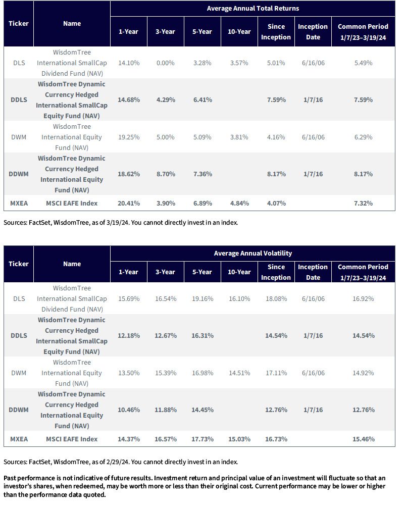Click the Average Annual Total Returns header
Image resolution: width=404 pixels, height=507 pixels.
[x=252, y=9]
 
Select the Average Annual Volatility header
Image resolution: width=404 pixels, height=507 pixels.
[x=252, y=253]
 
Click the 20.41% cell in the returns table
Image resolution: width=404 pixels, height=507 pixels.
[x=129, y=204]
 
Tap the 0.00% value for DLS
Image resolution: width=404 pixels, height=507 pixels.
[x=165, y=63]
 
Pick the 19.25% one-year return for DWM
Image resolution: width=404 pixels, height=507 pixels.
[x=129, y=137]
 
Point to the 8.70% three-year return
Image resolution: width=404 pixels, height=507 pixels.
[x=166, y=174]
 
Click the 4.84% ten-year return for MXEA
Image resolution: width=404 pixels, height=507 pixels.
[x=239, y=204]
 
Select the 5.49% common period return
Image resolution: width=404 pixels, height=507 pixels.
[x=363, y=63]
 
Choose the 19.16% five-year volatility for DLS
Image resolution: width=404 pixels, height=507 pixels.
[x=203, y=299]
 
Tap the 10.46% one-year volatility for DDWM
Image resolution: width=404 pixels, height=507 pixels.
[x=129, y=410]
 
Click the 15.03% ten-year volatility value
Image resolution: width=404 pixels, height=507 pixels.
[x=239, y=439]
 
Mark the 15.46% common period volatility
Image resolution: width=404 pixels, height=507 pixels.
[x=363, y=439]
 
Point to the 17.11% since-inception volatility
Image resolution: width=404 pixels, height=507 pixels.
[x=276, y=373]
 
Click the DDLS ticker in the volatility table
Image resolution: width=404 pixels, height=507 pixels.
[x=19, y=336]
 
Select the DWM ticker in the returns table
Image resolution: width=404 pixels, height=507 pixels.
[x=19, y=137]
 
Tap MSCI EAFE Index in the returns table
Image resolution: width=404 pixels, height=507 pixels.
[x=72, y=204]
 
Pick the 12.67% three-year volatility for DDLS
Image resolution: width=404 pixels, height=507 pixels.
[x=166, y=336]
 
